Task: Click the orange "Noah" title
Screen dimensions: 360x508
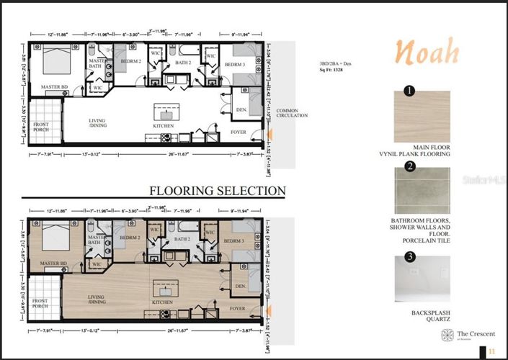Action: click(427, 51)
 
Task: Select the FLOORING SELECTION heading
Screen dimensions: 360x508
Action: click(217, 191)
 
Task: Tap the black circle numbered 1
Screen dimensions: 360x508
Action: click(409, 91)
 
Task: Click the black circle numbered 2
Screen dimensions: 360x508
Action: click(409, 166)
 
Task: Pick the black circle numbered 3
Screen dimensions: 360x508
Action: click(409, 256)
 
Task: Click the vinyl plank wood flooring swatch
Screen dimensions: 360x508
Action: click(422, 116)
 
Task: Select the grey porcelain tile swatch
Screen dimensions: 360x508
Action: click(422, 191)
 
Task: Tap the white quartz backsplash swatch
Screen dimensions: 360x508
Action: click(422, 279)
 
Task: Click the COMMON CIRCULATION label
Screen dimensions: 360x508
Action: click(292, 113)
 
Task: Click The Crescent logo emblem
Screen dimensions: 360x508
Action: click(446, 335)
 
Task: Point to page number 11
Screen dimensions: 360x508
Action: click(491, 351)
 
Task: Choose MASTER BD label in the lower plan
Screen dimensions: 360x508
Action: click(53, 264)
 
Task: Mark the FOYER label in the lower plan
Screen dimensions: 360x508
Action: click(237, 309)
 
